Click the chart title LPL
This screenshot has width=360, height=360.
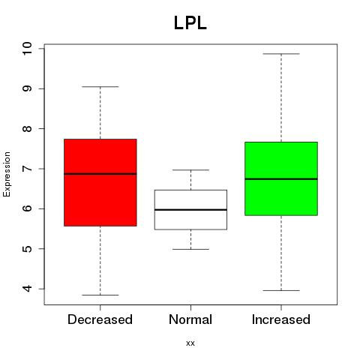click(190, 23)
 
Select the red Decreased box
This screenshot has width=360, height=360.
click(100, 182)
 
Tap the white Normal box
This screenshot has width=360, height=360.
click(190, 209)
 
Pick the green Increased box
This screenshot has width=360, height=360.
click(281, 178)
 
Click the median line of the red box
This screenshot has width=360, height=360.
click(100, 174)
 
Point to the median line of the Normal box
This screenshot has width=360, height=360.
click(190, 209)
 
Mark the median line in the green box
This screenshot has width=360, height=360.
click(281, 179)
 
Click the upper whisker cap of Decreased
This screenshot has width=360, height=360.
click(100, 87)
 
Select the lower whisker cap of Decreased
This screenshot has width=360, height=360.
click(100, 295)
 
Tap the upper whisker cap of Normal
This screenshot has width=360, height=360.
click(190, 170)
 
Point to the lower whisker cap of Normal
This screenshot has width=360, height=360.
click(190, 249)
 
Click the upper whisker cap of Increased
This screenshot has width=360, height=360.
click(281, 54)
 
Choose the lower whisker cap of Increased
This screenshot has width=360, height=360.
click(281, 290)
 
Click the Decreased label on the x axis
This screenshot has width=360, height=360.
click(100, 319)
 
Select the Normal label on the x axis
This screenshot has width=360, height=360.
click(190, 319)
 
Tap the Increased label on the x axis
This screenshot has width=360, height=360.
click(281, 319)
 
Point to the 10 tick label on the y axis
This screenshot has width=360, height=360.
click(27, 49)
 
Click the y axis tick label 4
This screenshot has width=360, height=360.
click(27, 289)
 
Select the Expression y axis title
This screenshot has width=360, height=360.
click(7, 174)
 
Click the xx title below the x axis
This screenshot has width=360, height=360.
click(190, 343)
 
